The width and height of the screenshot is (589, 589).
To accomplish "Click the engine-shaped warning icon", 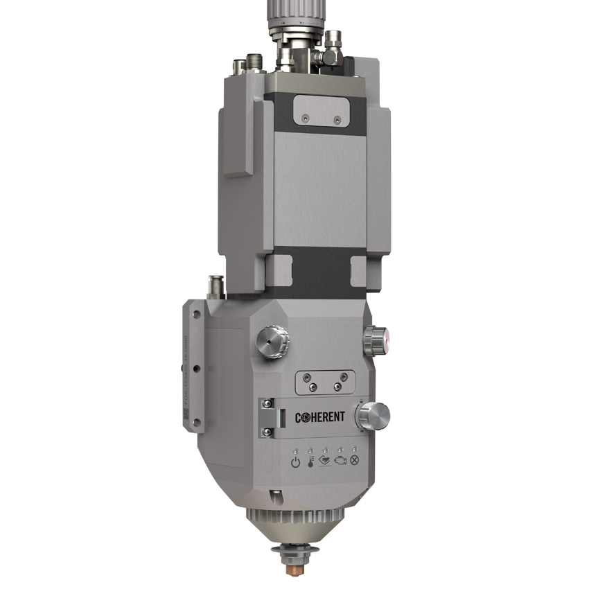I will [x=340, y=460].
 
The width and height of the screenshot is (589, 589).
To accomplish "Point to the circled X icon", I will [x=355, y=460].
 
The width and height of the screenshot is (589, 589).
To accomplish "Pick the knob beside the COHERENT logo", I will [x=372, y=416].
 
